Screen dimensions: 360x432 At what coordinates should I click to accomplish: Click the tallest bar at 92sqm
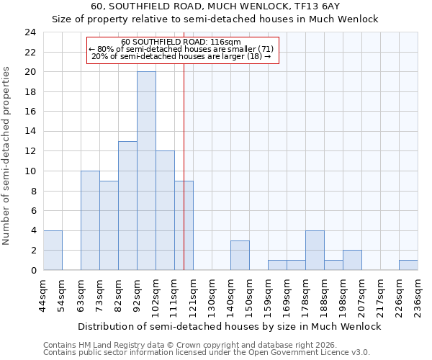(146, 171)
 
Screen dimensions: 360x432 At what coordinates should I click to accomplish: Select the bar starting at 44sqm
(53, 251)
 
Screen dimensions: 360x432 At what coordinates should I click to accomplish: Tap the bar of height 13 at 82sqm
(127, 205)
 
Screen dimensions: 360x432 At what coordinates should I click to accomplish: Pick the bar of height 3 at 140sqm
(240, 256)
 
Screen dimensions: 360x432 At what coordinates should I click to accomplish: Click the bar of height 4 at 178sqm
(315, 251)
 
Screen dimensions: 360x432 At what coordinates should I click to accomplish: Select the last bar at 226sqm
(408, 265)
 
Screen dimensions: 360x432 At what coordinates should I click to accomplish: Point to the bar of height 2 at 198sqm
(352, 260)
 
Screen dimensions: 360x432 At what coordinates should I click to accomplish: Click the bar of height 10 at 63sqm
(90, 220)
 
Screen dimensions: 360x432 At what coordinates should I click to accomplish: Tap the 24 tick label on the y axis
(30, 32)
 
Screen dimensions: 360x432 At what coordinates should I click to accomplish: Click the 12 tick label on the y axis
(30, 151)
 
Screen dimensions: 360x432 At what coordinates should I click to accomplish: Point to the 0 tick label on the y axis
(32, 270)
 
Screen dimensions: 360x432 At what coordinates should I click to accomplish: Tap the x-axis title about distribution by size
(230, 326)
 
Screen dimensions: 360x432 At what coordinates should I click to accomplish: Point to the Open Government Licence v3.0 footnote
(207, 352)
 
